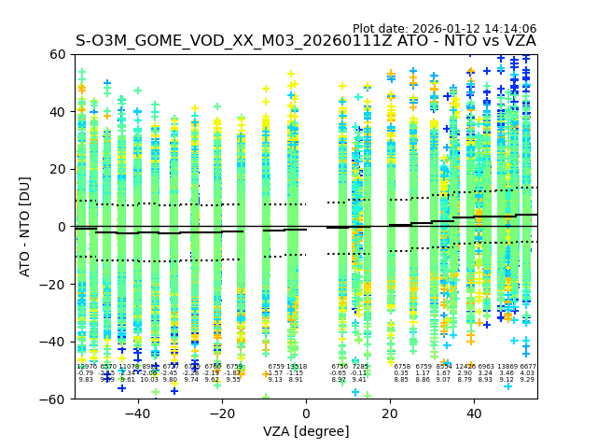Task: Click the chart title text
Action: point(305,41)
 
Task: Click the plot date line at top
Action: point(444,29)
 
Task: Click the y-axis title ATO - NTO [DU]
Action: point(25,227)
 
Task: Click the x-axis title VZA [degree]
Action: point(306,431)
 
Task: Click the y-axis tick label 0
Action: point(63,227)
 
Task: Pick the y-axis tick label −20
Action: point(55,284)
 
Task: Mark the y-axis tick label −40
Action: point(55,342)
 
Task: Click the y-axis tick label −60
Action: point(55,399)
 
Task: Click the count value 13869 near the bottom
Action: point(507,367)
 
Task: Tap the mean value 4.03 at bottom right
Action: point(527,373)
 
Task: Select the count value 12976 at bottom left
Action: point(86,367)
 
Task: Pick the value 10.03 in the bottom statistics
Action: point(149,380)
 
